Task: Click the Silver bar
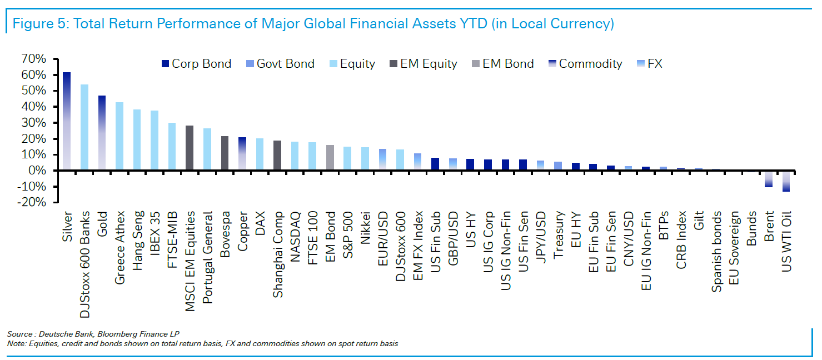point(67,121)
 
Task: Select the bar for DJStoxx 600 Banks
point(84,127)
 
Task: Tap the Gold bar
point(102,133)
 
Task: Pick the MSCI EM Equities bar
point(189,148)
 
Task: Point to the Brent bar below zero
point(769,179)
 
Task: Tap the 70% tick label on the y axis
point(33,59)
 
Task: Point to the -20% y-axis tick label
point(31,203)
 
